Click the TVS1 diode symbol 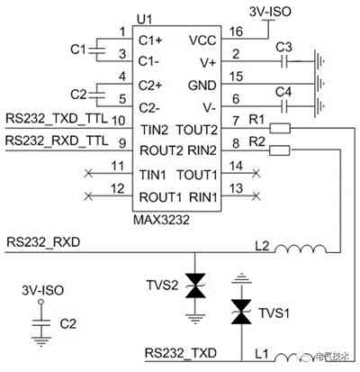click(x=240, y=310)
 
